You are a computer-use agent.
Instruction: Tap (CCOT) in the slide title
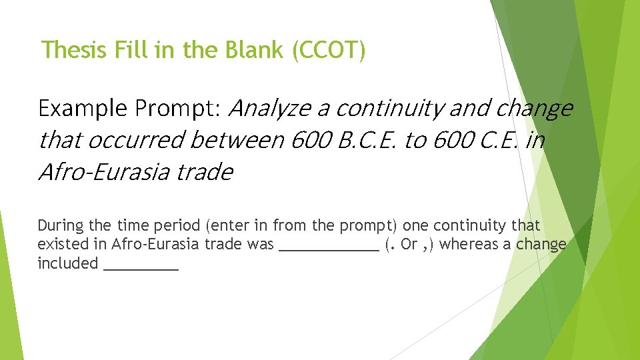click(x=329, y=50)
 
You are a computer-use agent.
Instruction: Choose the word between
click(x=239, y=140)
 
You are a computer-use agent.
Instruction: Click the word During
click(x=60, y=225)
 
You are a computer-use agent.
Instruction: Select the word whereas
click(x=467, y=244)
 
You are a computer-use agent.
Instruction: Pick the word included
click(x=67, y=263)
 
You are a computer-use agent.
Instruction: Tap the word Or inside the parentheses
click(x=409, y=244)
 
